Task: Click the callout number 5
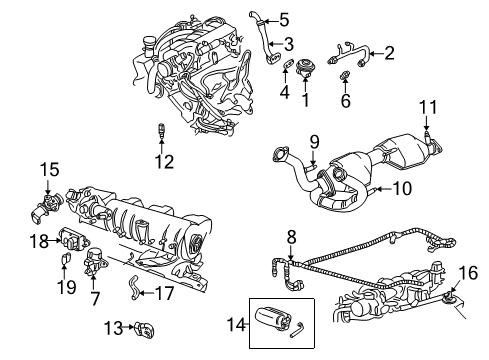(x=284, y=20)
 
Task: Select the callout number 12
(x=164, y=162)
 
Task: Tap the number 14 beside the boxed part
(x=236, y=324)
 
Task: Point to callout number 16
(x=468, y=272)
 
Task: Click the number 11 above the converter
(x=428, y=107)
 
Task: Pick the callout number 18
(x=39, y=241)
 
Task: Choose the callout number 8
(x=291, y=237)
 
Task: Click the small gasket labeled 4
(x=288, y=63)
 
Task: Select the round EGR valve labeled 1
(x=305, y=67)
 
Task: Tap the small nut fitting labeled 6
(x=345, y=75)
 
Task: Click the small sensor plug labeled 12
(x=161, y=130)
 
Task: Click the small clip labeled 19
(x=65, y=258)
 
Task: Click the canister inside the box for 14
(x=272, y=319)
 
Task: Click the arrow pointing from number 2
(x=376, y=53)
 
